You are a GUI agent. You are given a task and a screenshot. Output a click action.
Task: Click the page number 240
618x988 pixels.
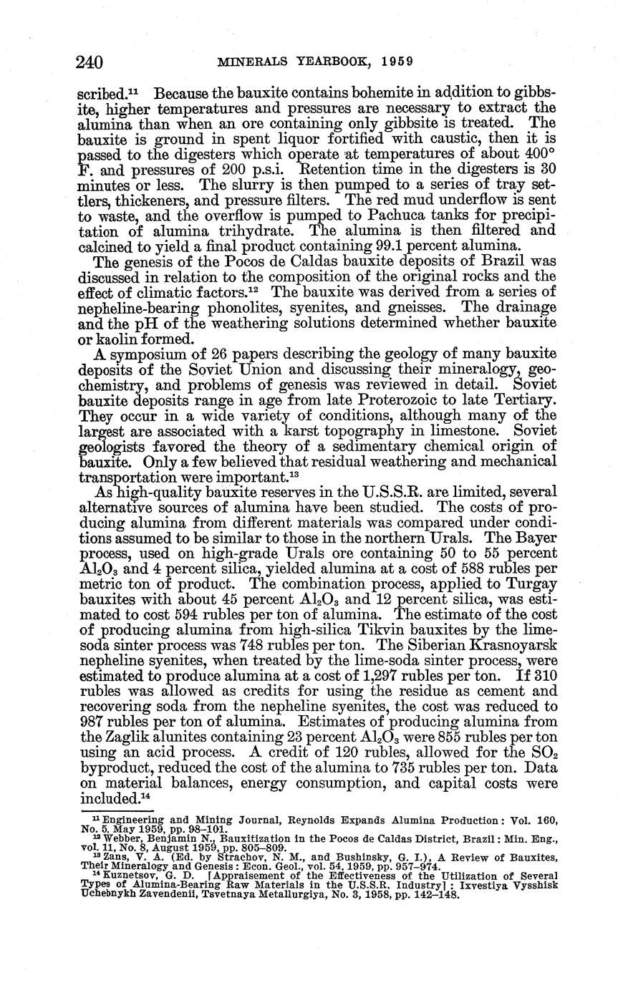coord(90,62)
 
